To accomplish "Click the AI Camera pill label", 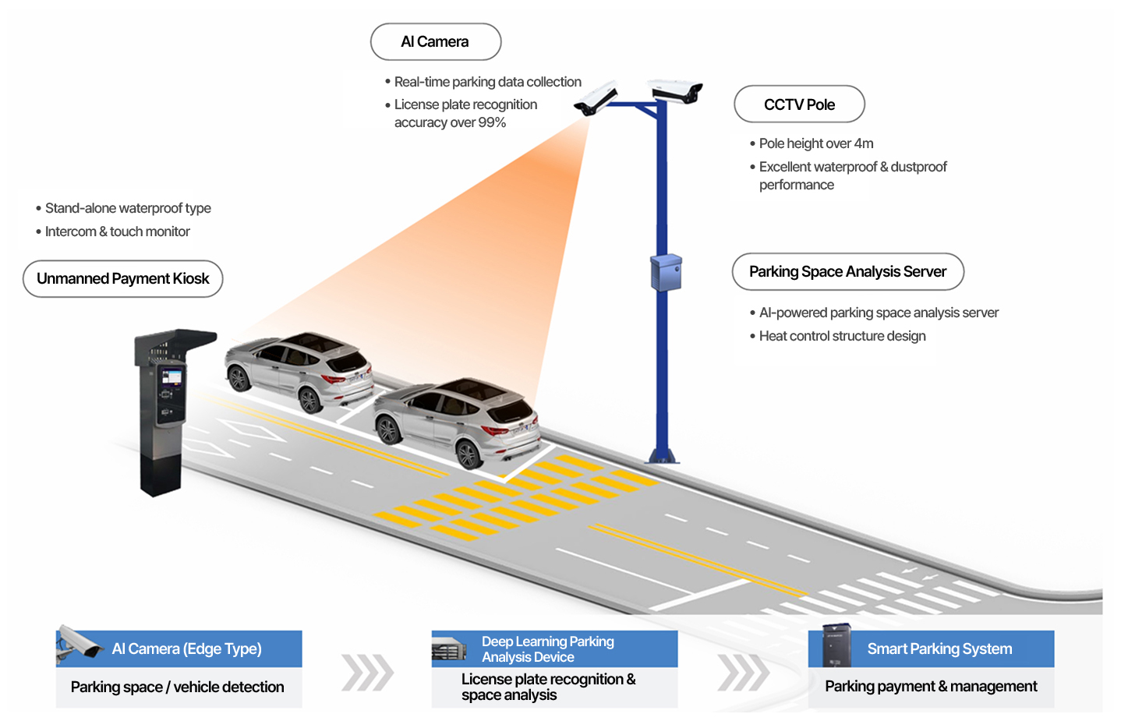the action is coord(436,41).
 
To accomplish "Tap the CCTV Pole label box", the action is coord(799,104).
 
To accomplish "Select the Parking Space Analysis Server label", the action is coord(847,272).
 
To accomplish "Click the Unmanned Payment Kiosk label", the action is coord(122,279).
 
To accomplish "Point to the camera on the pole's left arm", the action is coord(596,97).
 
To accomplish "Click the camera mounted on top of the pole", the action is coord(675,91).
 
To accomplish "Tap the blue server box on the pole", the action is coord(666,273).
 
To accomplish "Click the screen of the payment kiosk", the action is coord(172,376).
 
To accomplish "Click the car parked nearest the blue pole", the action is coord(457,422).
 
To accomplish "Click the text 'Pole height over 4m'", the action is coord(816,143).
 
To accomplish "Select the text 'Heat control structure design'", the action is coord(842,336).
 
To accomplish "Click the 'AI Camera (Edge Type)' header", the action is coord(179,649).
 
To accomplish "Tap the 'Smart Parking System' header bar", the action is coord(932,649).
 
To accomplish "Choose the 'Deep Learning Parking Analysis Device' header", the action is coord(554,649).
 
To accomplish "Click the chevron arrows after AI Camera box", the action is coord(368,673).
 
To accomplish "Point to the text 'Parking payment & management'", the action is coord(931,686).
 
